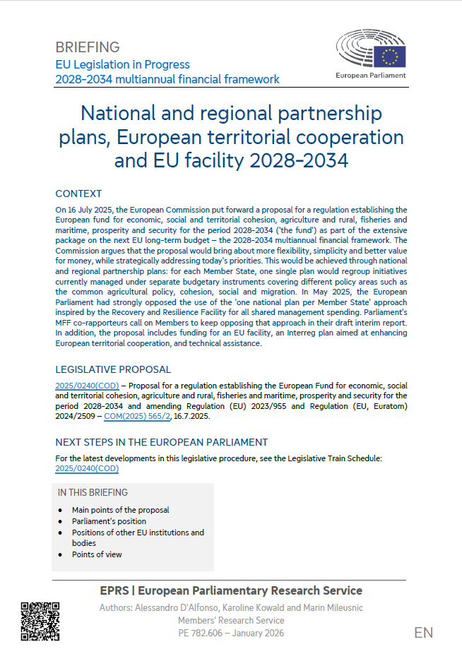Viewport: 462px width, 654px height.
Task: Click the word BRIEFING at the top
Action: tap(88, 47)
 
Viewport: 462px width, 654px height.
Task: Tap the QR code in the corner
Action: tap(40, 621)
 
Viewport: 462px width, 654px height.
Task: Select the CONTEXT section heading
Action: tap(78, 194)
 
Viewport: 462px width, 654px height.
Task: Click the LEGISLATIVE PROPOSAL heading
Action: tap(113, 369)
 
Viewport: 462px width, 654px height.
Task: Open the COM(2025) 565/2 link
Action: tap(137, 417)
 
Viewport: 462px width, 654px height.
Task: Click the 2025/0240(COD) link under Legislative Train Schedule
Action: tap(87, 468)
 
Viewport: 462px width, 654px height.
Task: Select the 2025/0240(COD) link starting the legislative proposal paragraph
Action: tap(87, 385)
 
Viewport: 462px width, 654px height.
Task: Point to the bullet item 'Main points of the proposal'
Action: tap(120, 510)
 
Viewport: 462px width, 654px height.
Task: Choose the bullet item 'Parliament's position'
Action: tap(109, 521)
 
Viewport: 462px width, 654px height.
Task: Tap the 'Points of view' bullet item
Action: tap(97, 554)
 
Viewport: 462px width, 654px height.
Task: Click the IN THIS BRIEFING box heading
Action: tap(93, 492)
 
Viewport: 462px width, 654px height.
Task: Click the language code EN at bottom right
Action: tap(423, 632)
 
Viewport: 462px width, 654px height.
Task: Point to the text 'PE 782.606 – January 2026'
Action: tap(231, 633)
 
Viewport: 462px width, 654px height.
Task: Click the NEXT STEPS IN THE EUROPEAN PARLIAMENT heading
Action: tap(161, 442)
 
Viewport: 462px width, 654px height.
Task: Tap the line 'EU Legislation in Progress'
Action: tap(122, 64)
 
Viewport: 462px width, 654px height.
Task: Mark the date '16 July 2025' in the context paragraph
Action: tap(92, 210)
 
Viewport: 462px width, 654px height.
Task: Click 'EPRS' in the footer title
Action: tap(117, 590)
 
